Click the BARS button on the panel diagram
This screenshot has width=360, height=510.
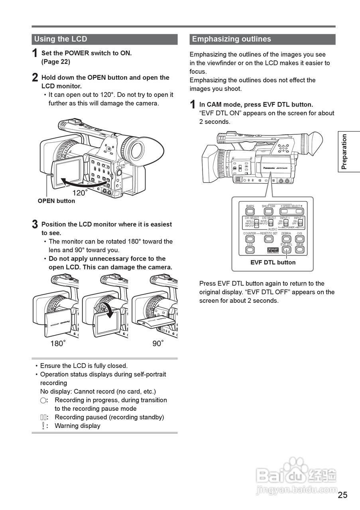point(250,211)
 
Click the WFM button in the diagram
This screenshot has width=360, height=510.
point(300,249)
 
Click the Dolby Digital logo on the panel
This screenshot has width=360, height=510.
point(273,250)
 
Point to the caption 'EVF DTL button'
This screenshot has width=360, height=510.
point(273,263)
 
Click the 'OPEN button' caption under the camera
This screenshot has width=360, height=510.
point(56,201)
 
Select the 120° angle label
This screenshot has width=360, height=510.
point(80,193)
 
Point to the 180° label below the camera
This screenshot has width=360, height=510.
point(58,343)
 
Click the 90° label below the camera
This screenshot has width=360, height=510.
point(158,343)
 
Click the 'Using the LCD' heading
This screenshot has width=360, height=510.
point(61,39)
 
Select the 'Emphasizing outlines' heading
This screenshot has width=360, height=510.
point(231,39)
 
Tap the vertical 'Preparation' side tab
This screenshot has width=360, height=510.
point(344,152)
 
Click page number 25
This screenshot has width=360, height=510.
point(342,495)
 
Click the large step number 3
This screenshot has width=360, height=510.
point(35,224)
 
